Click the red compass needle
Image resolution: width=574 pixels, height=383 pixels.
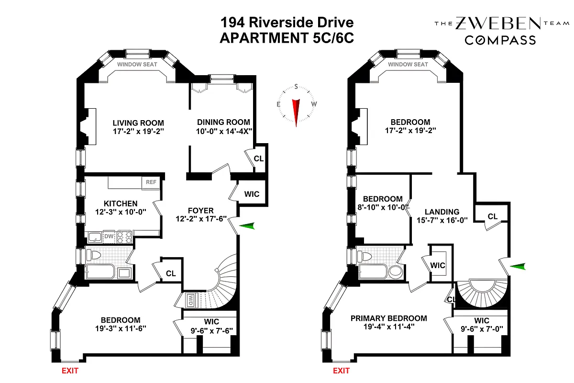click(296, 113)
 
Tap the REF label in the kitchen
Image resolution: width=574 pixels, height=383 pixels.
click(151, 182)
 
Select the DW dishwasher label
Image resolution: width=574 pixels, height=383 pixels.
click(109, 236)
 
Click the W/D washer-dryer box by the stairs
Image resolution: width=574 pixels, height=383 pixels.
click(191, 300)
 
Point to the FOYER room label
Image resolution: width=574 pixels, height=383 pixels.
click(200, 211)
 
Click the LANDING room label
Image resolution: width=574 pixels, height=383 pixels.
click(442, 212)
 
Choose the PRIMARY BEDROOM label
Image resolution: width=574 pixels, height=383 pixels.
click(388, 318)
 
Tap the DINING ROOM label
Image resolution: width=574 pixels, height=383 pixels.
click(223, 122)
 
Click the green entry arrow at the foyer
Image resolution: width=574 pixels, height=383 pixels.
click(247, 226)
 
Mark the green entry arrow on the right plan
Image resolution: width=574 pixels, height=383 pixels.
click(518, 267)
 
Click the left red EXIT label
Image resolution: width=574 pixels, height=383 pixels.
click(69, 370)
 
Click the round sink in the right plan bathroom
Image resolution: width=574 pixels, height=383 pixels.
click(395, 272)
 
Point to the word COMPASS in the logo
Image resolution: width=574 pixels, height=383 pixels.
click(500, 40)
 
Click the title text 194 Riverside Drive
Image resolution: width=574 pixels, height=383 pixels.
click(287, 23)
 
